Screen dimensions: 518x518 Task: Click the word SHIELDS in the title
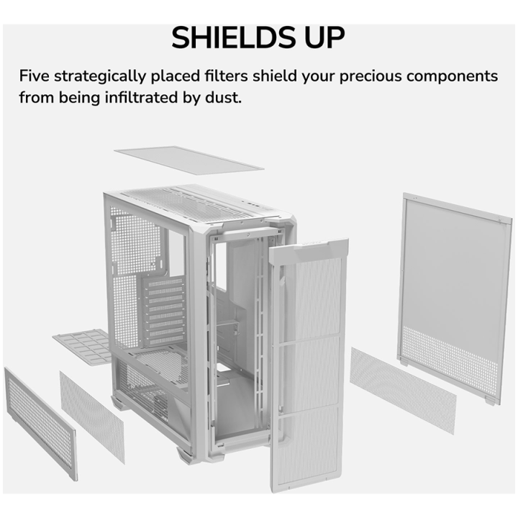pos(233,37)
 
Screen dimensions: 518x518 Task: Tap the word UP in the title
pos(324,37)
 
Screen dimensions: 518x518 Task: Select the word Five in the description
pos(35,76)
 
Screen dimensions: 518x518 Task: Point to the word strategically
pos(100,77)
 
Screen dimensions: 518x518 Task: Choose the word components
pos(452,77)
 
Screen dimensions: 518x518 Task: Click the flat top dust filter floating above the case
pos(189,160)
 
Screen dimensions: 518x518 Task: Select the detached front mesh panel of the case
pos(308,363)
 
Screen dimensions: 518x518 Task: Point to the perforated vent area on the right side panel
pos(450,360)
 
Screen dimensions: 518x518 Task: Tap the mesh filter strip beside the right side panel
pos(403,390)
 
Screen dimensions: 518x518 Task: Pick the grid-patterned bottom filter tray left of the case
pos(83,347)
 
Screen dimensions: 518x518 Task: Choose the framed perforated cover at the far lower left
pos(41,424)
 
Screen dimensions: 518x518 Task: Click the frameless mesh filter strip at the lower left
pos(92,417)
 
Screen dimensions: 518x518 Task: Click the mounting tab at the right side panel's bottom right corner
pos(490,401)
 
